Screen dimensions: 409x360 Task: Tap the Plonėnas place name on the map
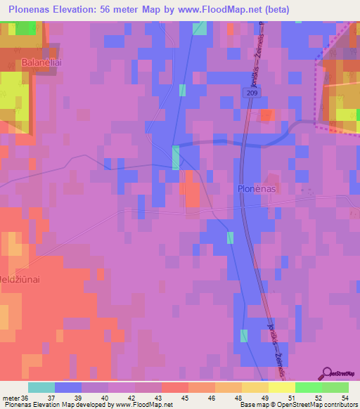[256, 189]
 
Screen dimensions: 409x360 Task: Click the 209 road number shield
[252, 93]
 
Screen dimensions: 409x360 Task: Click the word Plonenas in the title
[34, 10]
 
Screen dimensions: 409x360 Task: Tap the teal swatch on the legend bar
[41, 387]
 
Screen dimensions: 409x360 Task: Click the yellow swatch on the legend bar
[281, 387]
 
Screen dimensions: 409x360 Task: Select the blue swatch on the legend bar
[67, 387]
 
